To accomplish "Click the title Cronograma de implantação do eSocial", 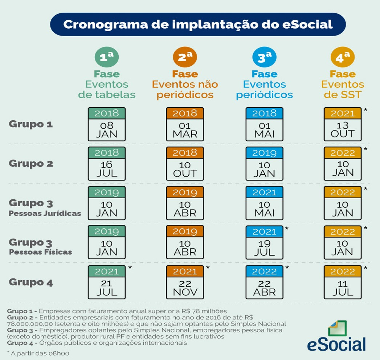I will coord(198,24).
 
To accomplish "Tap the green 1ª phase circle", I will coord(106,57).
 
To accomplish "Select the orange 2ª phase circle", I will coord(185,57).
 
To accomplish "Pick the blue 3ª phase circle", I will coord(264,57).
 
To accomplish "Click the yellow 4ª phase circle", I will coord(342,57).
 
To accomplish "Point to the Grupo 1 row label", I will coord(31,124).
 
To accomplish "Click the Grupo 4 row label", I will coord(31,282).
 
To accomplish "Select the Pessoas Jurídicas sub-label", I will coord(45,213).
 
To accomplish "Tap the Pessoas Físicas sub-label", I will coord(41,252).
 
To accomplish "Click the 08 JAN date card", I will coord(106,124).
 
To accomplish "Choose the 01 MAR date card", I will coord(185,124).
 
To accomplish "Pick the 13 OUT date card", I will coord(342,124).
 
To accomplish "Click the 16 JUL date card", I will coord(106,164).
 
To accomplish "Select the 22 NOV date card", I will coord(185,282).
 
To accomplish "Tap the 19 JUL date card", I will coord(264,242).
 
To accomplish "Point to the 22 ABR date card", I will coord(264,282).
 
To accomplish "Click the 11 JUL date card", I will coord(342,282).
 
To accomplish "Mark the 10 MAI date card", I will coord(264,203).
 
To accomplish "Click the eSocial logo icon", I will coord(337,328).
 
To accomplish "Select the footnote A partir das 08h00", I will coord(38,353).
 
